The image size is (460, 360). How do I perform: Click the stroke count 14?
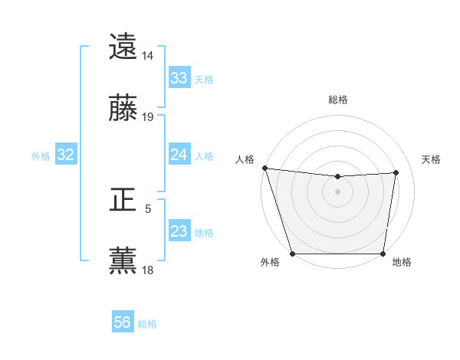(148, 56)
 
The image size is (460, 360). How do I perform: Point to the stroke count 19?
(148, 116)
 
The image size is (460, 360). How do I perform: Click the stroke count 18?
(148, 270)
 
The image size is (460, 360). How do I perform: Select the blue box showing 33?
(179, 78)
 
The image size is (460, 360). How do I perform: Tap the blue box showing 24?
(179, 155)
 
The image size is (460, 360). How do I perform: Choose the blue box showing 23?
(179, 231)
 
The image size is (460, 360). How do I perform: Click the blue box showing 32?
(66, 155)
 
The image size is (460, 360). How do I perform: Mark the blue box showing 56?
(123, 322)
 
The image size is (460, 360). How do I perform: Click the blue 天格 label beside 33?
(204, 79)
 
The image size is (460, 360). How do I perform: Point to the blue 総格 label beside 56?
(147, 324)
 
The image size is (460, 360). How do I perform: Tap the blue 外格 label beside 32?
(41, 156)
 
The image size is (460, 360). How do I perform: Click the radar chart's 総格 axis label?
(338, 100)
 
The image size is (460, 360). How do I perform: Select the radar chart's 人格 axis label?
(245, 159)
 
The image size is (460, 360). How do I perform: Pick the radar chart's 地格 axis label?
(402, 263)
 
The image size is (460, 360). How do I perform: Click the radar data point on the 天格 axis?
(396, 172)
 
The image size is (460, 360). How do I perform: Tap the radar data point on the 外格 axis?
(292, 253)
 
